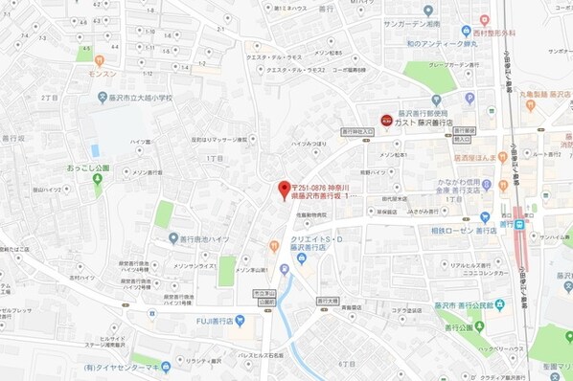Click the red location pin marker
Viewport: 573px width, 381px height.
pyautogui.click(x=283, y=189)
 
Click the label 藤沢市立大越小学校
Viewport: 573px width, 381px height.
pyautogui.click(x=141, y=97)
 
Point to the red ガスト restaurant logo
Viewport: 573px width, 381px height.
pyautogui.click(x=385, y=121)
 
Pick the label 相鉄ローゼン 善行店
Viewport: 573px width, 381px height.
pyautogui.click(x=467, y=232)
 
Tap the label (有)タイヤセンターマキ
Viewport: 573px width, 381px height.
pyautogui.click(x=120, y=366)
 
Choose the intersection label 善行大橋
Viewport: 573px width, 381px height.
pyautogui.click(x=330, y=301)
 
